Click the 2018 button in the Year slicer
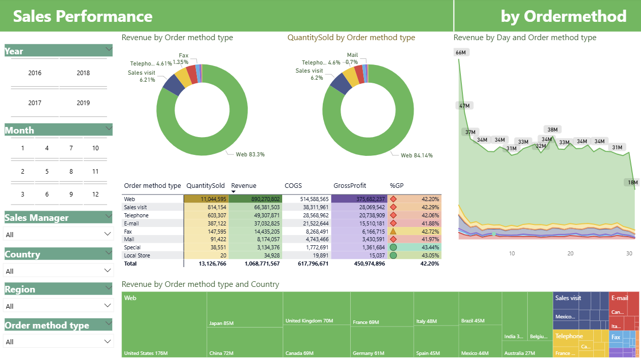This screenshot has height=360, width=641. click(x=83, y=73)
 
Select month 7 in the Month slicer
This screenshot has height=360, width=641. click(x=71, y=148)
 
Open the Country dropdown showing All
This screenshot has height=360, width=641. click(x=58, y=271)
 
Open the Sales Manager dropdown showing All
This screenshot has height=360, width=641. click(x=58, y=234)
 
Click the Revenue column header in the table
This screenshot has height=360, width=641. click(x=244, y=186)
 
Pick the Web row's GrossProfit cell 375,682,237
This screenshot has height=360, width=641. click(x=359, y=199)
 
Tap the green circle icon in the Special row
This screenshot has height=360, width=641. click(x=393, y=247)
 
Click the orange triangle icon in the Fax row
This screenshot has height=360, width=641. click(x=393, y=231)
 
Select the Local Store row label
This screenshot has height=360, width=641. click(x=137, y=255)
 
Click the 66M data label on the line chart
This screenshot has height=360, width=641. click(x=460, y=53)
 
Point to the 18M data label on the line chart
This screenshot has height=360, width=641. click(x=632, y=182)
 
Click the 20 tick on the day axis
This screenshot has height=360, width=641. click(x=570, y=253)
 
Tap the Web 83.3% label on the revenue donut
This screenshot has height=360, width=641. click(x=250, y=154)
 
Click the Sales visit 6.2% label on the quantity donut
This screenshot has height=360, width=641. click(x=309, y=74)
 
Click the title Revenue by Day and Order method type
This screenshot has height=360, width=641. click(x=525, y=38)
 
